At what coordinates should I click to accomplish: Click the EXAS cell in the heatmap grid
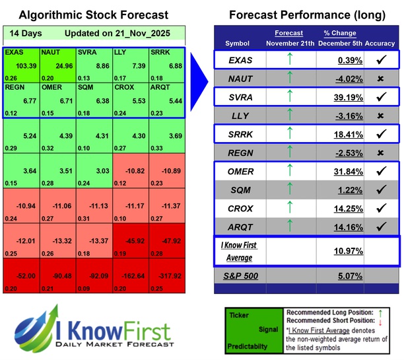(21, 65)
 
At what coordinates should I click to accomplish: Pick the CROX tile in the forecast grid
(130, 100)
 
